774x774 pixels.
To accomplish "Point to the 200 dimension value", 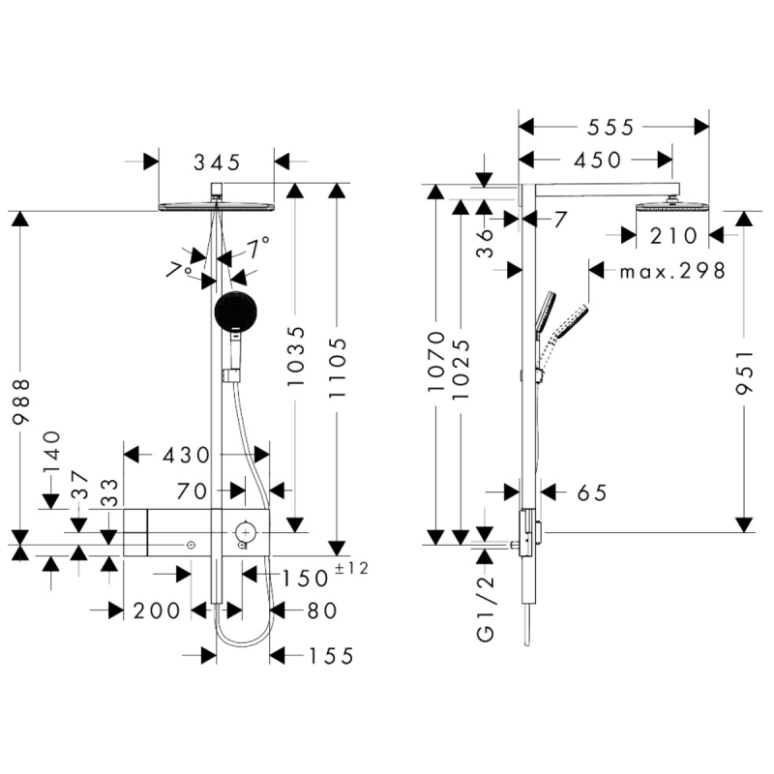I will tap(156, 610).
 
